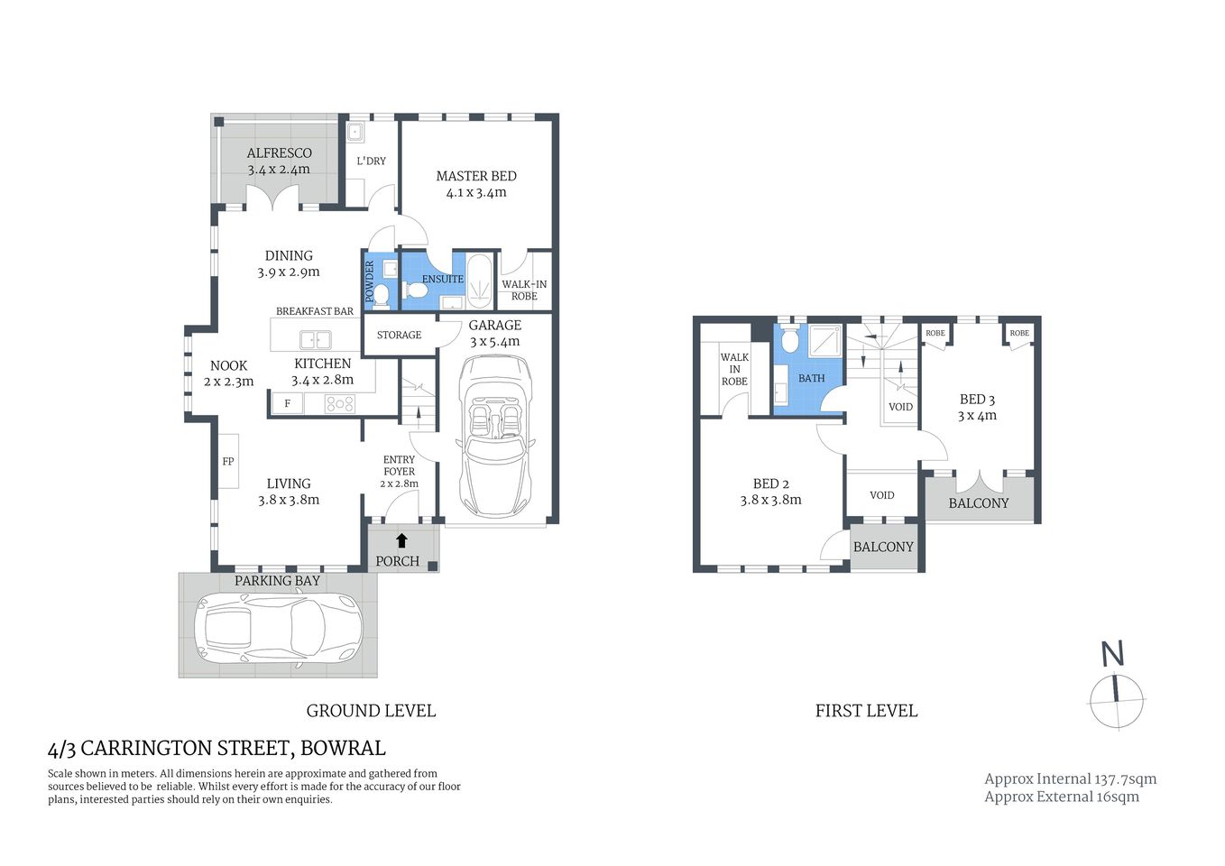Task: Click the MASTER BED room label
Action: coord(476,177)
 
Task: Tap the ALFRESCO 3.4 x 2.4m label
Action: coord(279,161)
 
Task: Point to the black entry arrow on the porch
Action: coord(401,540)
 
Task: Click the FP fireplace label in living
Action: coord(228,462)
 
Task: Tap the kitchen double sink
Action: coord(315,340)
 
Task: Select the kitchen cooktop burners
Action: coord(340,404)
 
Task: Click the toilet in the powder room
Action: coord(382,294)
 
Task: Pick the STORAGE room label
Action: coord(399,335)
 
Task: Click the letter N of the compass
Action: coord(1112,654)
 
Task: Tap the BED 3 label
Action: coord(977,400)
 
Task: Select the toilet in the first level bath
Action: coord(790,340)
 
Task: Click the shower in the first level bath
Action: coord(824,342)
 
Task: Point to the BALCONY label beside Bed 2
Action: coord(883,547)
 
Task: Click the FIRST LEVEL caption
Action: coord(866,711)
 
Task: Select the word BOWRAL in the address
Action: coord(343,748)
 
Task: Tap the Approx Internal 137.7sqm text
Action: coord(1070,778)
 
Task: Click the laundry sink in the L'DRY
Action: coord(355,133)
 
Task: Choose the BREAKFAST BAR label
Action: coord(315,311)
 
